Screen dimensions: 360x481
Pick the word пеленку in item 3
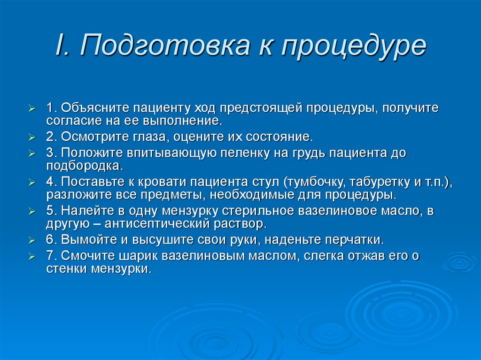pos(244,153)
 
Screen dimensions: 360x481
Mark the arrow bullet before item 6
pos(32,240)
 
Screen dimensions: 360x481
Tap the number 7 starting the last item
pos(49,256)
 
